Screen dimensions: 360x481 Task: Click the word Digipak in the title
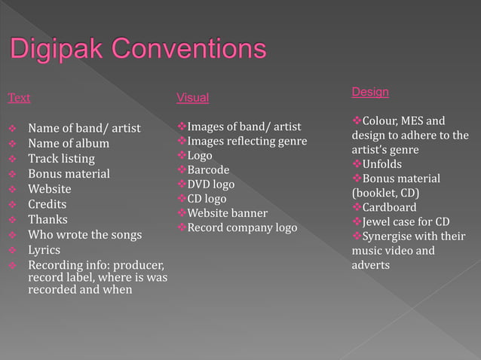click(60, 50)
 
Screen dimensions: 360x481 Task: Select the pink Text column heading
click(19, 98)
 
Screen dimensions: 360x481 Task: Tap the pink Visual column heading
click(192, 98)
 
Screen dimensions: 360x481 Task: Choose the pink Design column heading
click(370, 92)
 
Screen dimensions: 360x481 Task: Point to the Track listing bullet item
click(61, 159)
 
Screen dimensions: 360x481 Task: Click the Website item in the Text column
click(50, 189)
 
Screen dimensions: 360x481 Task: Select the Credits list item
click(47, 204)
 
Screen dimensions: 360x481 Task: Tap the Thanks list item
click(47, 219)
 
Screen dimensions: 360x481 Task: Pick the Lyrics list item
click(44, 249)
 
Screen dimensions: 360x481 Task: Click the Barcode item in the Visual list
click(208, 170)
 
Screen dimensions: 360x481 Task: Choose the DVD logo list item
click(211, 185)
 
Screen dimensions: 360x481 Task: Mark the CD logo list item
click(207, 199)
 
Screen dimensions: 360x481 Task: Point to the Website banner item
click(227, 213)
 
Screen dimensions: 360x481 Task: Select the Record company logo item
click(242, 227)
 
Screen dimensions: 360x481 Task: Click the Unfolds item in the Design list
click(382, 164)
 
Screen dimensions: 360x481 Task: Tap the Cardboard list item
click(389, 207)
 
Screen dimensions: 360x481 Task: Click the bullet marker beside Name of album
click(12, 144)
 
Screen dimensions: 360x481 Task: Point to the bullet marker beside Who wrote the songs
click(12, 235)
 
